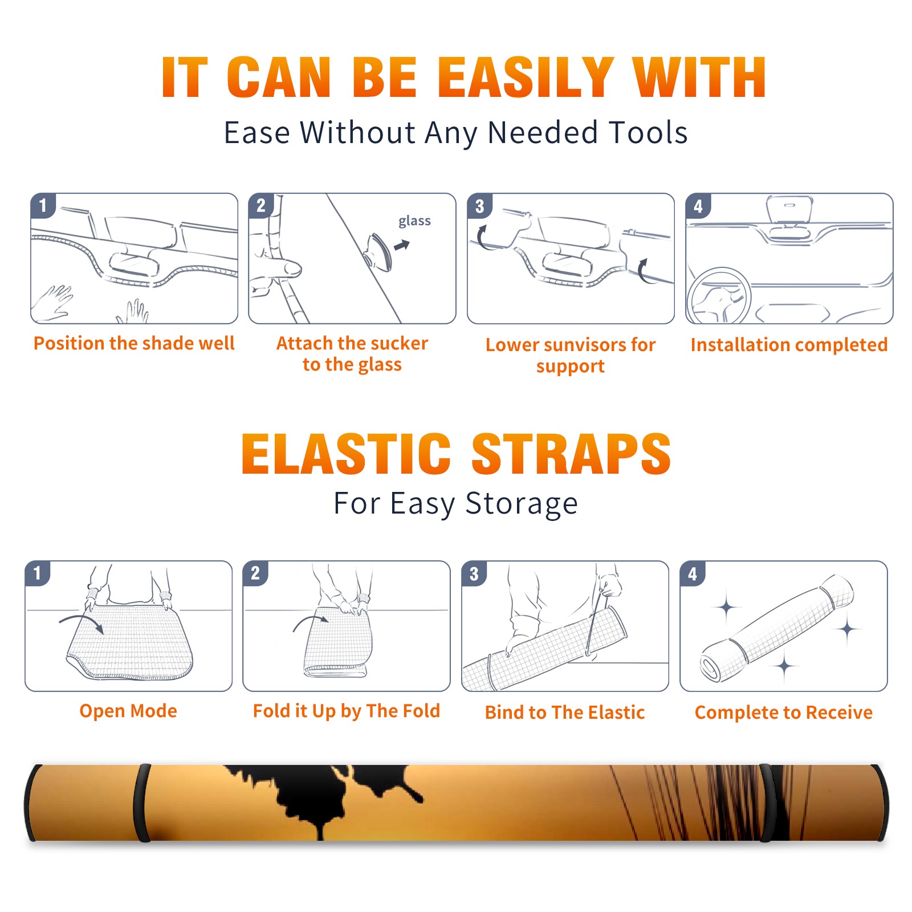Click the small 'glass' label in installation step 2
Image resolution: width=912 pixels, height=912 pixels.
(414, 221)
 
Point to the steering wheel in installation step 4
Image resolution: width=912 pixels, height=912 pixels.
(719, 297)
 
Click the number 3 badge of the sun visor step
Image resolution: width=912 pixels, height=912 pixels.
(479, 206)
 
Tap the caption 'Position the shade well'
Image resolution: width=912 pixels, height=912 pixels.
(134, 343)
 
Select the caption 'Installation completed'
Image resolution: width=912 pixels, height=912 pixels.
(789, 345)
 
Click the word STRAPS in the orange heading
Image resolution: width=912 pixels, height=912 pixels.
(571, 454)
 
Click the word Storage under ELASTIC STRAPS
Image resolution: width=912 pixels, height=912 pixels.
(522, 504)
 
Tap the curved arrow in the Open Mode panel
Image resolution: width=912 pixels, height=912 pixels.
(81, 622)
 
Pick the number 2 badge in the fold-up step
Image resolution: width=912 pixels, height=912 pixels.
(255, 573)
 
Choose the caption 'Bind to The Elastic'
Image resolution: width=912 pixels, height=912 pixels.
(565, 712)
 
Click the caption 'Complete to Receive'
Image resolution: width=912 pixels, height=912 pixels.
(784, 712)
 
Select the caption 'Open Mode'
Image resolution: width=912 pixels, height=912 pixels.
(128, 711)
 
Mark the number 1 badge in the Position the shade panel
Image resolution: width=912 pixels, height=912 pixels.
(43, 206)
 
